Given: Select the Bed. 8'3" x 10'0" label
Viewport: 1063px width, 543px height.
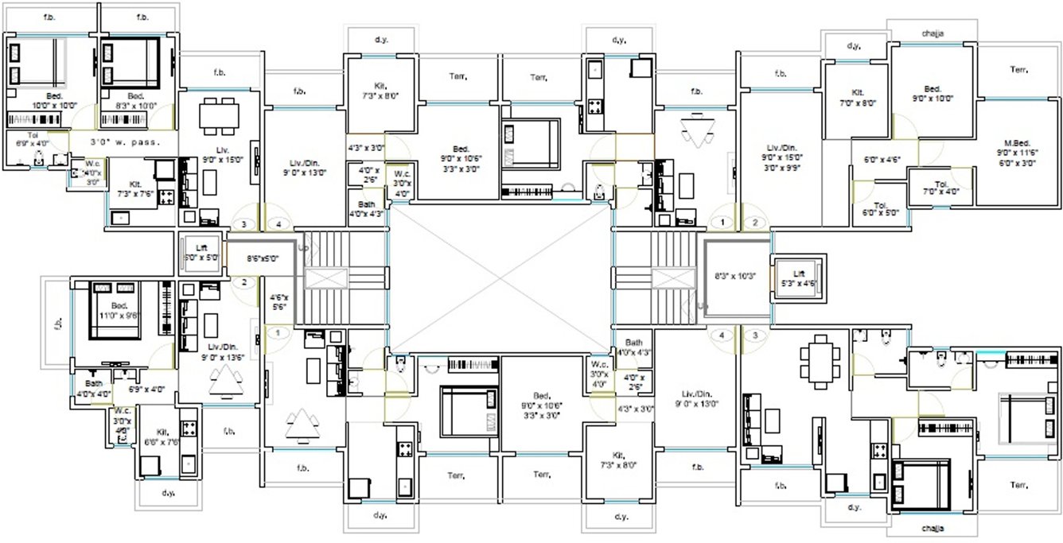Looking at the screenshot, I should tap(131, 100).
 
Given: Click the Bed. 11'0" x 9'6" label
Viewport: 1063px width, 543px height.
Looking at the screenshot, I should tap(119, 310).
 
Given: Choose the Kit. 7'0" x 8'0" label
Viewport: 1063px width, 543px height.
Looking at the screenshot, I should tap(857, 98).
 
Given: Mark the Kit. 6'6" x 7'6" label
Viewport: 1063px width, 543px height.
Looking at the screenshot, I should tap(162, 436).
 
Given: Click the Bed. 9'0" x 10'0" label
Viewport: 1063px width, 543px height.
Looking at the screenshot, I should tap(932, 94).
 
